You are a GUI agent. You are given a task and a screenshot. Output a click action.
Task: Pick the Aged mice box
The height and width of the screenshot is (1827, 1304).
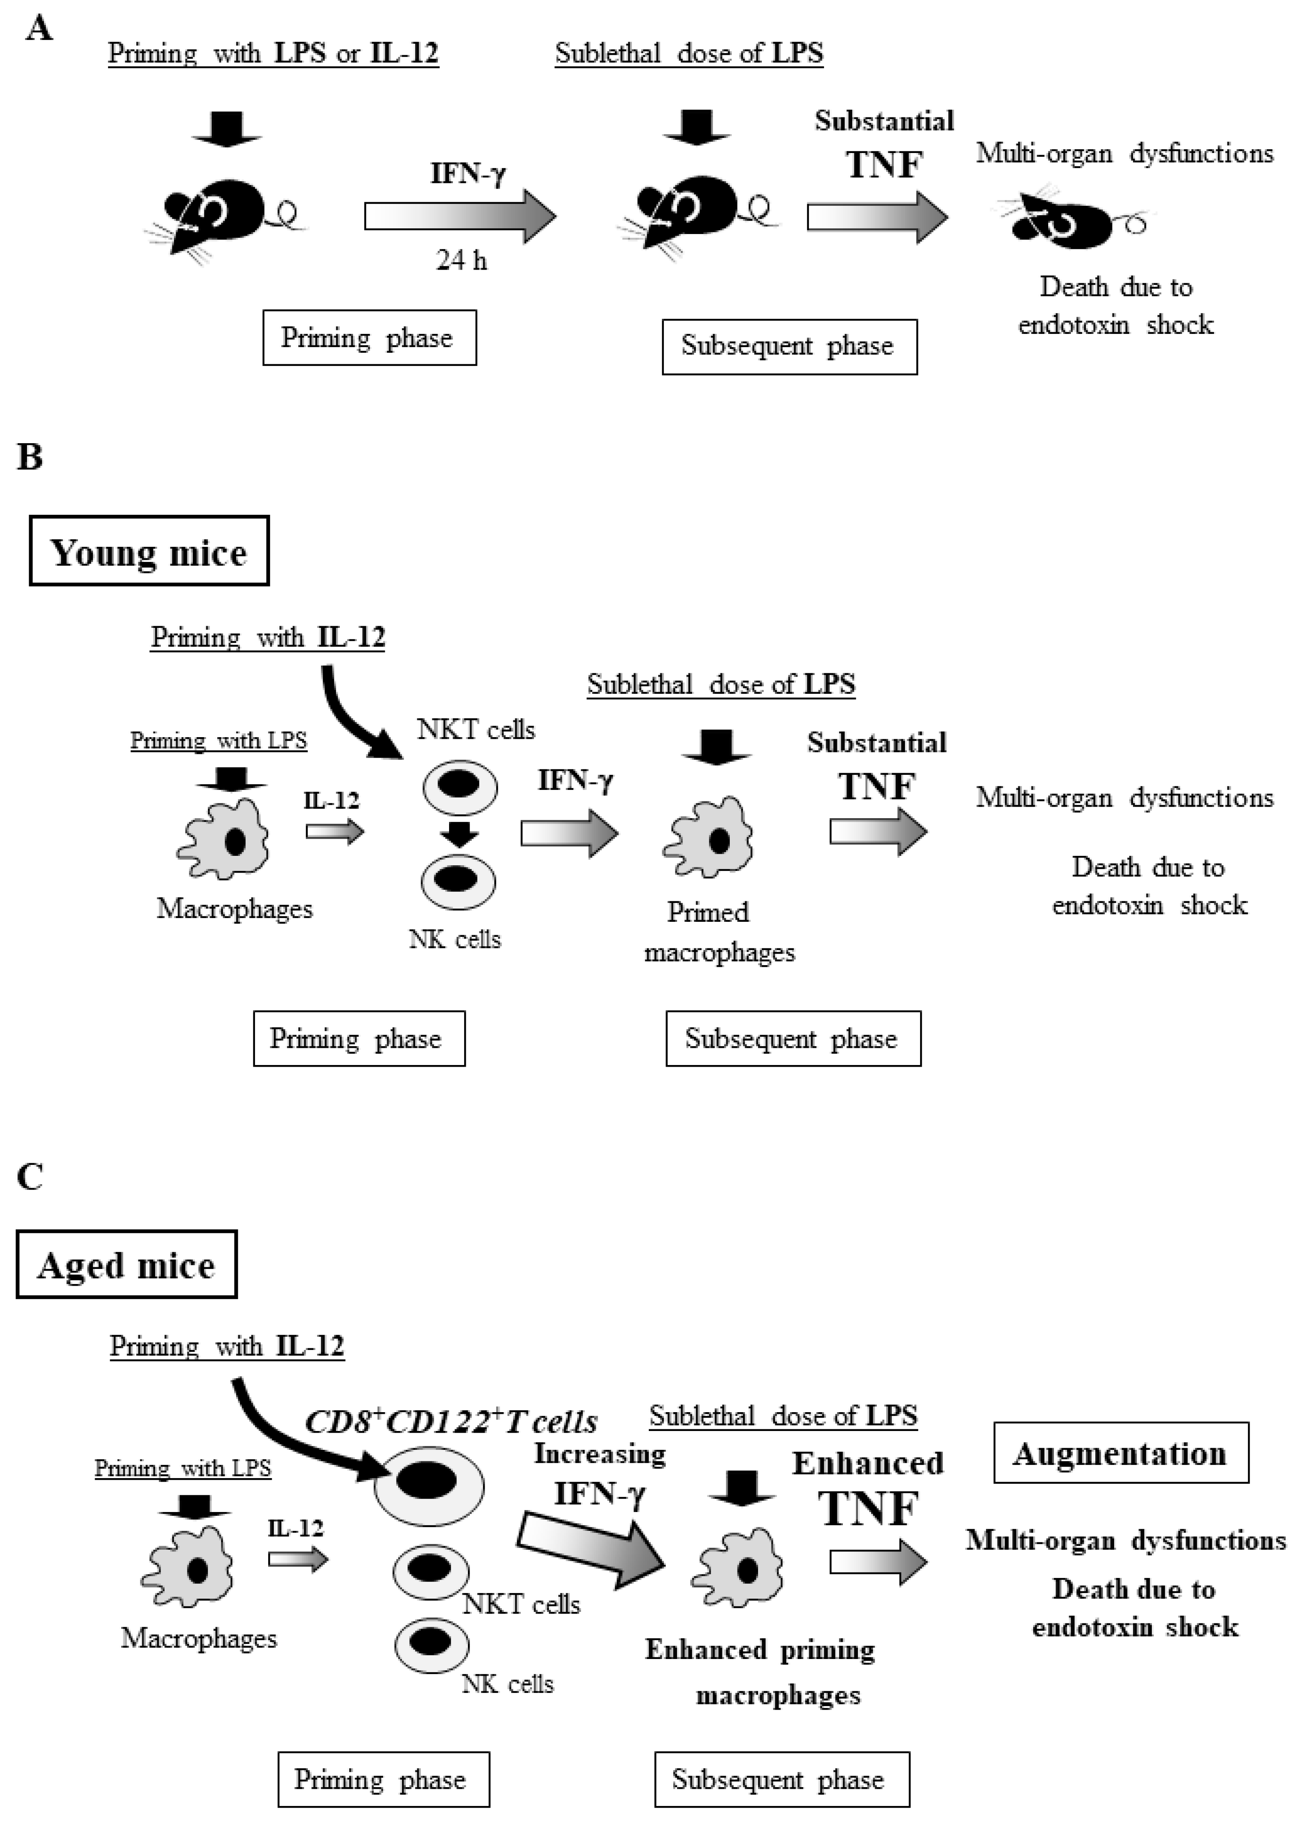pos(127,1265)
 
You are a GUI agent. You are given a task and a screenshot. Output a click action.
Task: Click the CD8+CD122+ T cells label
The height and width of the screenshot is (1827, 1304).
pos(451,1422)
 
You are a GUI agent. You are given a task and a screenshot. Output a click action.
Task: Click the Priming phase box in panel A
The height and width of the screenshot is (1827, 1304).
pos(369,338)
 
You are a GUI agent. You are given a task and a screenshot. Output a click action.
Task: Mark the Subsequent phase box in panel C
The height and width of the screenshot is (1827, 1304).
pos(781,1779)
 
